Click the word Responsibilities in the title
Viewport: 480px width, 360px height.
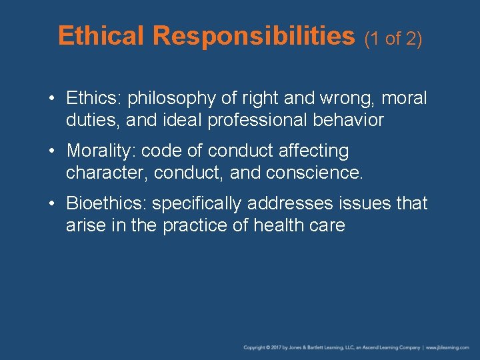point(254,36)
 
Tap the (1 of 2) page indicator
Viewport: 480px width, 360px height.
point(393,39)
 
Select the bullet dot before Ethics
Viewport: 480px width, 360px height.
point(52,99)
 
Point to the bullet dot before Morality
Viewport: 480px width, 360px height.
point(52,151)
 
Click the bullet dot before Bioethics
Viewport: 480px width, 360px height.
point(52,203)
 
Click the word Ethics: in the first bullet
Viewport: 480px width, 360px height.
point(95,99)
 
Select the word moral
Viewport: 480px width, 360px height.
point(405,99)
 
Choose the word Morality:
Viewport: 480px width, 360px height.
point(101,151)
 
